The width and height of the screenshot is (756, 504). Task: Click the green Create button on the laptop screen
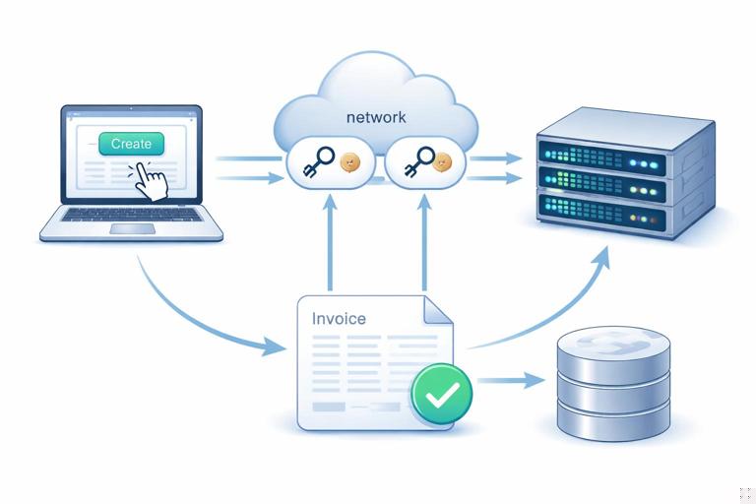(131, 144)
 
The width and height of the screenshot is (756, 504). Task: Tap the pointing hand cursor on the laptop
(150, 180)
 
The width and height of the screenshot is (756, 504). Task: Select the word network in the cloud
(376, 117)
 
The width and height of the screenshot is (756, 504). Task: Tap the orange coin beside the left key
(348, 162)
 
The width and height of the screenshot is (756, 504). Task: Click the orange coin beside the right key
(442, 162)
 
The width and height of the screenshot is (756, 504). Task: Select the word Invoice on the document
(338, 319)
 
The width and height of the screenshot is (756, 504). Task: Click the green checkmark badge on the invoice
(441, 393)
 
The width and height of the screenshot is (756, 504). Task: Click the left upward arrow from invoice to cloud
(331, 246)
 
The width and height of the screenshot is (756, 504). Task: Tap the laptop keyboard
(131, 214)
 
